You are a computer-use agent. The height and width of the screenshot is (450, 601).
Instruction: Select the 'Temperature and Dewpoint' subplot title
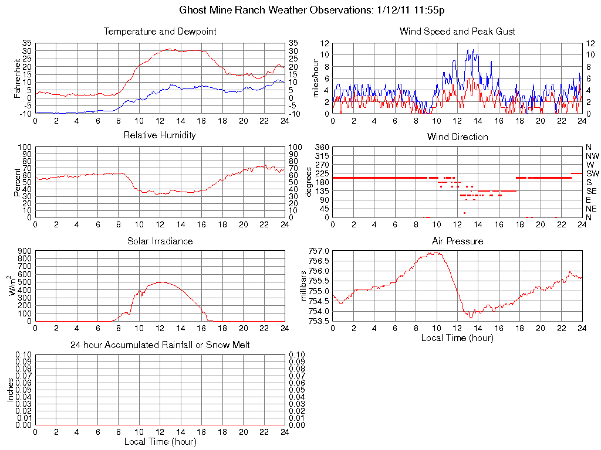coord(160,31)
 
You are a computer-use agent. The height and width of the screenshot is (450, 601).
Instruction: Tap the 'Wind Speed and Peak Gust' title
coord(457,31)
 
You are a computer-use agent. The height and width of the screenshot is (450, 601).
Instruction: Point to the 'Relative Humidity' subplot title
coord(160,135)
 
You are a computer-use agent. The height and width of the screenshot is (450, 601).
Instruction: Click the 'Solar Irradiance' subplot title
coord(160,241)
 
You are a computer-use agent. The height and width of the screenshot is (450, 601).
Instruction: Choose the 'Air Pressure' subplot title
coord(457,241)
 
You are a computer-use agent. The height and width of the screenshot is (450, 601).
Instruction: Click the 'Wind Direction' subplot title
coord(457,137)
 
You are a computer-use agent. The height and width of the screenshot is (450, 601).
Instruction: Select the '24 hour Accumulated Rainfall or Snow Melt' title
coord(160,345)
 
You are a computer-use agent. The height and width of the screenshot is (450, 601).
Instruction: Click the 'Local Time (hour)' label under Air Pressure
coord(457,338)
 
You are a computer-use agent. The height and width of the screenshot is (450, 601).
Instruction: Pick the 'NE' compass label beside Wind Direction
coord(591,209)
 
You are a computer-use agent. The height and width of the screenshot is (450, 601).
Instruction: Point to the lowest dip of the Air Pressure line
coord(470,317)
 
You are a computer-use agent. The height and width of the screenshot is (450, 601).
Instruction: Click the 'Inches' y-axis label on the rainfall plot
coord(11,390)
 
